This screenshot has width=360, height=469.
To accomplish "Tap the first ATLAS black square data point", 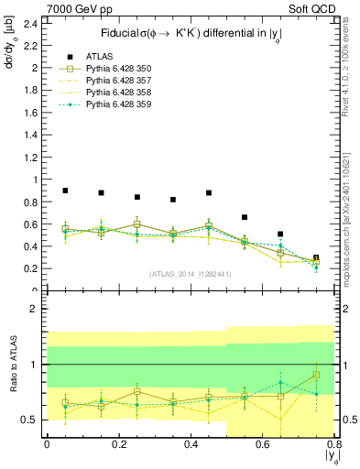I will click(65, 191).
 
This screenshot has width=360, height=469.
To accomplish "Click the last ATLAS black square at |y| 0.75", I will click(316, 258).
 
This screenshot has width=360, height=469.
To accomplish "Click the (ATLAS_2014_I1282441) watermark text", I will click(191, 274).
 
